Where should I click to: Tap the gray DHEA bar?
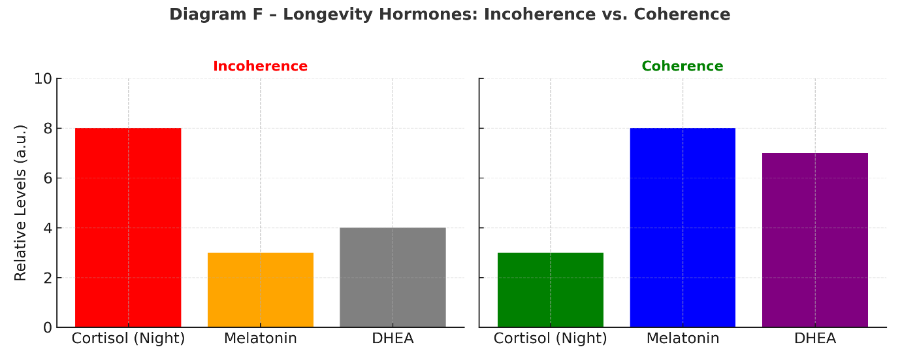[x=393, y=277]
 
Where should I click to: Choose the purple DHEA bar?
[x=815, y=240]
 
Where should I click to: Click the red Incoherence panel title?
[x=260, y=66]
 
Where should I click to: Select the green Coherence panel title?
[x=682, y=66]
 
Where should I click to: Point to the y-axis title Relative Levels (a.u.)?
[x=21, y=203]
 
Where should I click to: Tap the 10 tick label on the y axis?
[x=43, y=79]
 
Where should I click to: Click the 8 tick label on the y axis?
[x=48, y=129]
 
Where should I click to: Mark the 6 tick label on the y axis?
[x=48, y=178]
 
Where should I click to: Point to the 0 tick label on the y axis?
[x=48, y=327]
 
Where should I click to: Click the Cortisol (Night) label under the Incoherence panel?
[x=128, y=338]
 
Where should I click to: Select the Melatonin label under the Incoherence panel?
[x=261, y=338]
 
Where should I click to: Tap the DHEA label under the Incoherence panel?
[x=393, y=338]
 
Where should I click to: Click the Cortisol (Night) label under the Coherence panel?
[x=551, y=338]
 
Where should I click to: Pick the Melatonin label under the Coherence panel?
[x=683, y=338]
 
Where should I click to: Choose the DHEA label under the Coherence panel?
[x=815, y=338]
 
